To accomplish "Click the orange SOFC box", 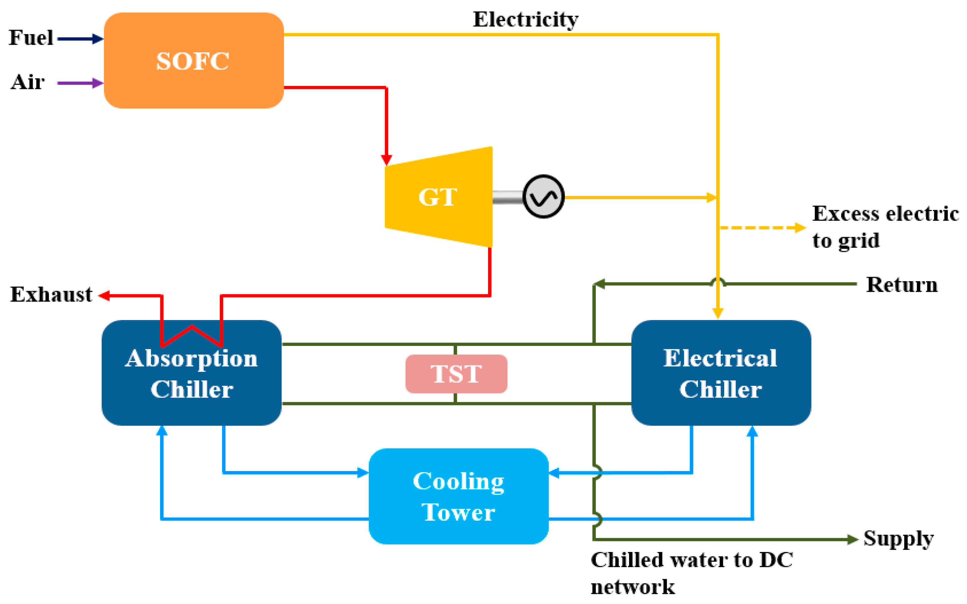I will tap(193, 61).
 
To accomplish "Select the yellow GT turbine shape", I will tap(438, 197).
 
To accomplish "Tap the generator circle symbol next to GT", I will tap(543, 196).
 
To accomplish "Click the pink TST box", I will tap(456, 374).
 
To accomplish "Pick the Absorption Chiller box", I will tap(191, 383).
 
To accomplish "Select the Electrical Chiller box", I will tap(721, 373).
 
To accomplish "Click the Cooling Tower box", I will tap(458, 496).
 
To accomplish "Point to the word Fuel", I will tap(31, 38).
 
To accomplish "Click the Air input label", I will tap(27, 82).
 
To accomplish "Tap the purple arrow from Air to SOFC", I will tap(80, 83).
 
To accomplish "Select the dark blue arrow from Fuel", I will tap(80, 39).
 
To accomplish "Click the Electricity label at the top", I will tap(525, 19).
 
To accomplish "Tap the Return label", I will tap(901, 285).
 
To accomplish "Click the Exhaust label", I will tap(51, 295).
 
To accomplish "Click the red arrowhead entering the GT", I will tap(386, 160).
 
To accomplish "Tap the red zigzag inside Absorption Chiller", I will tap(191, 335).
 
